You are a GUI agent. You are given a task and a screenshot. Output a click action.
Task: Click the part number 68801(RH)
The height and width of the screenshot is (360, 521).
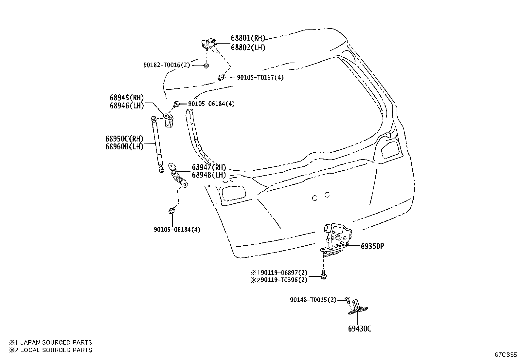tap(248, 38)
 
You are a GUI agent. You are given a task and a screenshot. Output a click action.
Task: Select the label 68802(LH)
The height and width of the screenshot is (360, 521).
tap(248, 47)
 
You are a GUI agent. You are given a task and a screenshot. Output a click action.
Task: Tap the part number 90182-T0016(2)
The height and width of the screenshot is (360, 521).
tap(167, 65)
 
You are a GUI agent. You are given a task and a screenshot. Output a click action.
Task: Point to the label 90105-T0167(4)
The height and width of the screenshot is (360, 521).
tap(260, 77)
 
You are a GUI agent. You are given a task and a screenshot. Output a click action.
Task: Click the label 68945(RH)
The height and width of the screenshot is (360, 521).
tap(127, 98)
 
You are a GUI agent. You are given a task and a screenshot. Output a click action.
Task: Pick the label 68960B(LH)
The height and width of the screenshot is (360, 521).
tap(124, 147)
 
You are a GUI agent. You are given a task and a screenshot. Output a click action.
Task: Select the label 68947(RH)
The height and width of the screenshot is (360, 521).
tap(209, 167)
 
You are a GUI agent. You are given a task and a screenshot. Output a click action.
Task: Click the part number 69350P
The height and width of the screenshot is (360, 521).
tap(372, 246)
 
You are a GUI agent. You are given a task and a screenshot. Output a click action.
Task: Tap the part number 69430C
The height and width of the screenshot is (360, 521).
tap(360, 329)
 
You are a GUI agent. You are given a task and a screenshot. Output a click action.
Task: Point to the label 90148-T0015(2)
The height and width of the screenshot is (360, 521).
tap(313, 300)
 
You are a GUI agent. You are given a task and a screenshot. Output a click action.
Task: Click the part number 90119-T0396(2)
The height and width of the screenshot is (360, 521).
tap(282, 280)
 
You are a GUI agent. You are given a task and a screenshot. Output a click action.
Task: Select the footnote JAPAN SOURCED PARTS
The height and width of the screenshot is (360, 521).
tap(56, 342)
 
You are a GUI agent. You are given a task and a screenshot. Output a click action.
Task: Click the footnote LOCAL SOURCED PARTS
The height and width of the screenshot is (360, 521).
tap(56, 350)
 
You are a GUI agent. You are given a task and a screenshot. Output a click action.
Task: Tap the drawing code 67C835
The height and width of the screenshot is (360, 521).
tap(505, 355)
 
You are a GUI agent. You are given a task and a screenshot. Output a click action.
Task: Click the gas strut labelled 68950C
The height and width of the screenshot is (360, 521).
tap(157, 144)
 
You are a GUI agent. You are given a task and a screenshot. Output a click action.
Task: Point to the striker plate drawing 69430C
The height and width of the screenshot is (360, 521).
tap(358, 307)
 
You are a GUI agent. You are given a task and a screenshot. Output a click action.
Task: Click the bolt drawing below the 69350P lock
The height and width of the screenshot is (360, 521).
tap(323, 275)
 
